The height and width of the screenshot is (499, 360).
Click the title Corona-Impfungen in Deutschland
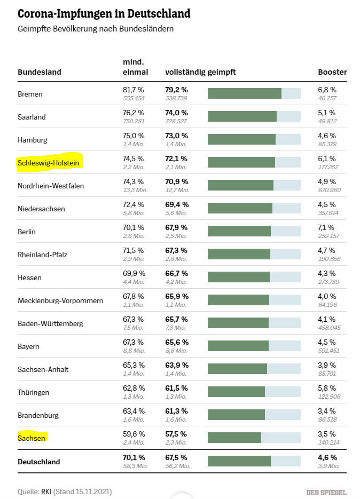pos(104,13)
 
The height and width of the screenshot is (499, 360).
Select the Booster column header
pos(332,72)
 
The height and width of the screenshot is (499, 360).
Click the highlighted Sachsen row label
pos(32,438)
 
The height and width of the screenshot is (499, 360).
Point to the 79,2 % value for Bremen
pos(176,90)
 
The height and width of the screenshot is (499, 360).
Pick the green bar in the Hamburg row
pos(241,139)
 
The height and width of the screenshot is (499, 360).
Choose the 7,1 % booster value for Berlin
pos(327,227)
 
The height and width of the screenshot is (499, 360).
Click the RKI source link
pos(46,491)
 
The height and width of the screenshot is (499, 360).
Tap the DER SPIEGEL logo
pos(326,492)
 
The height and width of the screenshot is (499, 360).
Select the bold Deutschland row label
pos(39,462)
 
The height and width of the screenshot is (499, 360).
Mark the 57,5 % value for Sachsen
pos(176,434)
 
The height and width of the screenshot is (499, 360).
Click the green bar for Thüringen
pos(236,392)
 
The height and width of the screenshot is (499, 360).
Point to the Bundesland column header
pos(40,72)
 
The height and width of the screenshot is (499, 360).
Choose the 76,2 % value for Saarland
pos(134,113)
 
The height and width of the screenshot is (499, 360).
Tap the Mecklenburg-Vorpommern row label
pos(60,300)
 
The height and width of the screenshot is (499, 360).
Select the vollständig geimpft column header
pos(200,72)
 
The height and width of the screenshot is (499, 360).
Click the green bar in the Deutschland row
pos(239,461)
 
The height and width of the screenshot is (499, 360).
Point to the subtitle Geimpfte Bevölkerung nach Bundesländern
pos(96,29)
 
